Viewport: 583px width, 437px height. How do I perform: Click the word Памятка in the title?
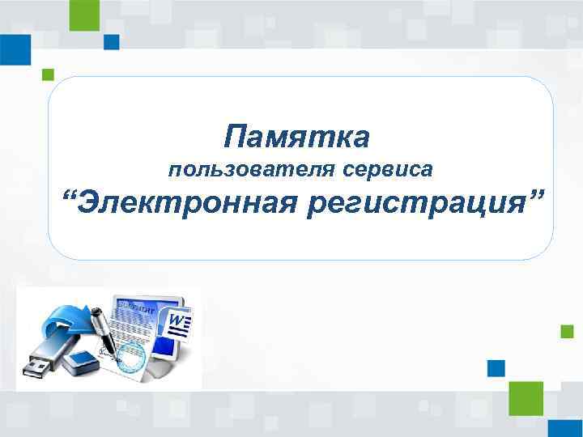coord(297,137)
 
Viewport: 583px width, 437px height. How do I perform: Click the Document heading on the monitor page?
coord(134,307)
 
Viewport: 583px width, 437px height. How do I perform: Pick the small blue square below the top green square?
coord(112,41)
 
